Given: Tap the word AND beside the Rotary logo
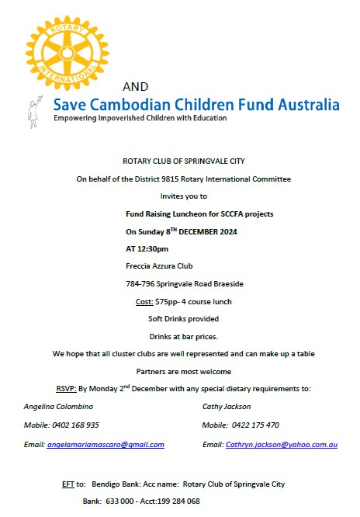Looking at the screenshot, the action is tap(135, 85).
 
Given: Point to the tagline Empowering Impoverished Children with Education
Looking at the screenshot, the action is tap(140, 119).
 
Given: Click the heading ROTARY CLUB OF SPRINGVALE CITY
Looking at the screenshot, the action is tap(183, 161).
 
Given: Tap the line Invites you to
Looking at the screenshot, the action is tap(183, 196).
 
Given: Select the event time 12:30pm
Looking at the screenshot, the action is tap(154, 248).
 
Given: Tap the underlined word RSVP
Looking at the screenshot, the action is tap(65, 389).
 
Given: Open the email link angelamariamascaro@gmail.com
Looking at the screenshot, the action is tap(106, 444).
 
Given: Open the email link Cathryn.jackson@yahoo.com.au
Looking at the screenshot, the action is tap(282, 444).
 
